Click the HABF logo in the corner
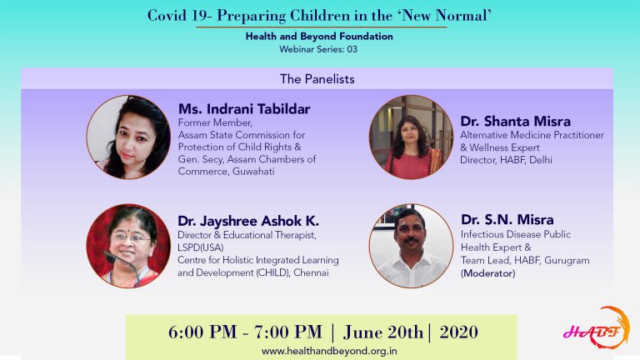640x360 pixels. click(597, 327)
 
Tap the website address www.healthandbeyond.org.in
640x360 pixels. click(329, 351)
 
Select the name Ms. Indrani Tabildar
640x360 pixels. click(244, 109)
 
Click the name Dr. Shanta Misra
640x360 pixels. click(515, 121)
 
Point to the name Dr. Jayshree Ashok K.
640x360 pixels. click(248, 221)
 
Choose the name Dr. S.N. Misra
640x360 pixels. click(507, 220)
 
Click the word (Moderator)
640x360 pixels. click(487, 273)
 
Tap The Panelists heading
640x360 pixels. click(317, 79)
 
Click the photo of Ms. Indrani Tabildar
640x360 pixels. click(128, 137)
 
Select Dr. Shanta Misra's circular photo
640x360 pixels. click(411, 137)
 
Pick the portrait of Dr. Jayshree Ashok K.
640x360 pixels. click(128, 246)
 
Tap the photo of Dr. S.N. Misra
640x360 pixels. click(411, 246)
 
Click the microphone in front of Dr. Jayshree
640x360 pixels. click(122, 265)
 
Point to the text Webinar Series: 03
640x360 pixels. click(318, 49)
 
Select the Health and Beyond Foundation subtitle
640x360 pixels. click(319, 37)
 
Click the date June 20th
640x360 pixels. click(382, 332)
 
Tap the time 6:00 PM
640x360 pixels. click(202, 332)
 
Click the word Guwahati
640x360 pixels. click(253, 172)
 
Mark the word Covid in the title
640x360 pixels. click(167, 16)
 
